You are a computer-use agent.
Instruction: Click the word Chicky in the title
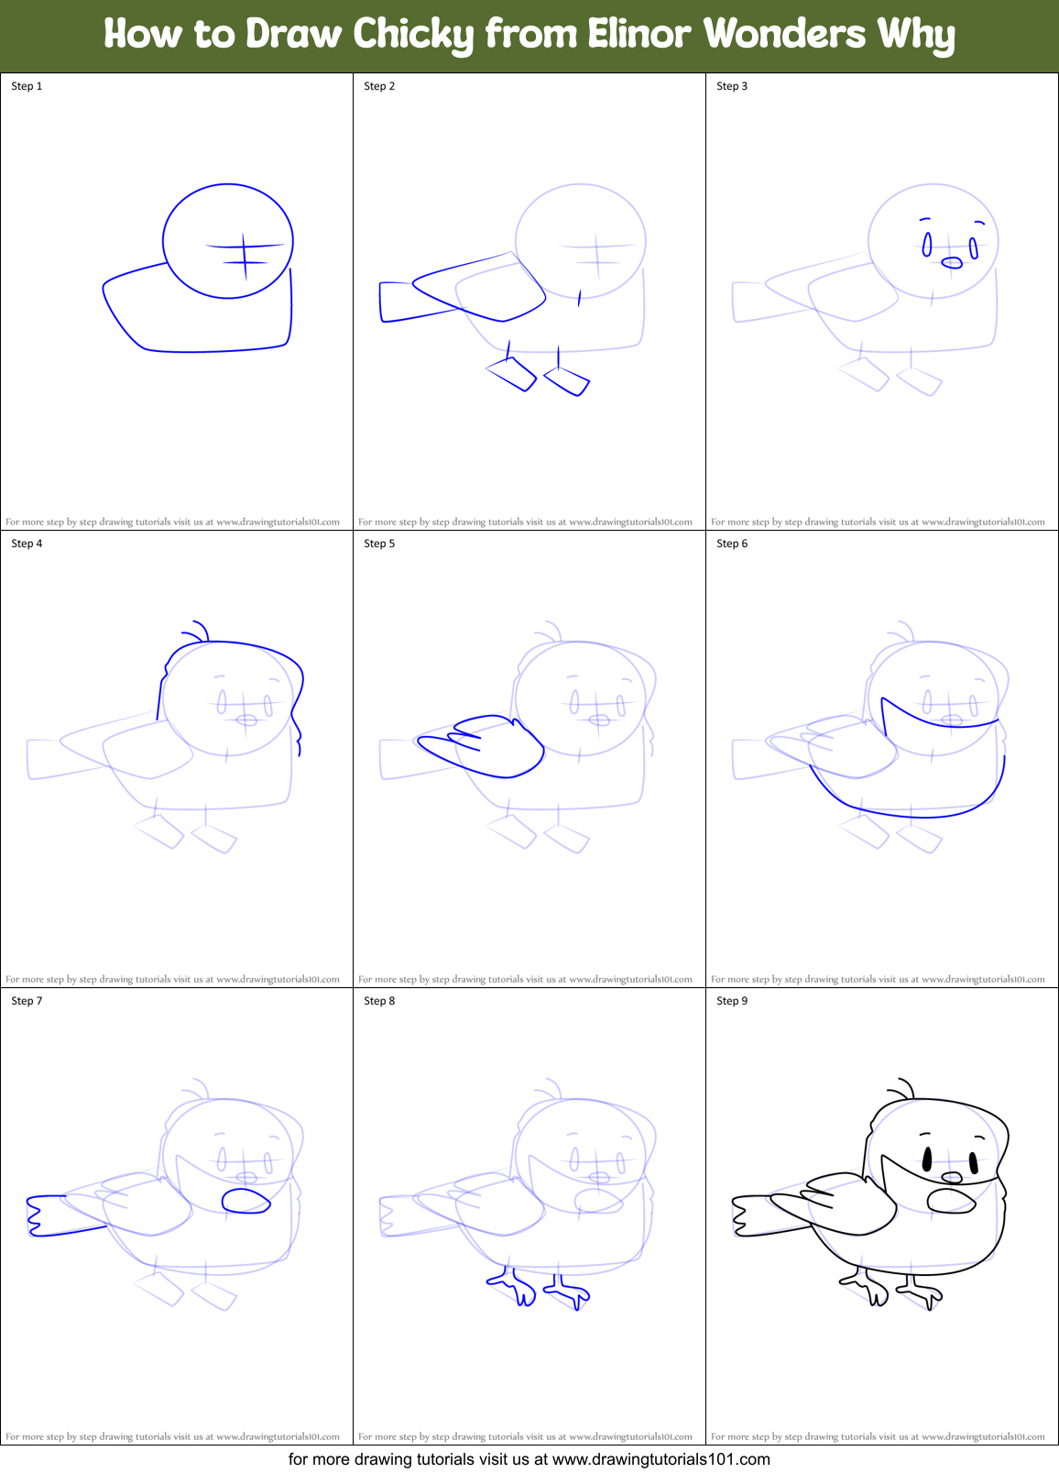tap(413, 35)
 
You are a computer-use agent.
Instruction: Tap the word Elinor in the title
tap(639, 34)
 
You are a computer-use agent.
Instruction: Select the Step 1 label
tap(27, 86)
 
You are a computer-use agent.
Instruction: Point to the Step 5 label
tap(379, 544)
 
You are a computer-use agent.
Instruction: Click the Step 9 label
tap(732, 1001)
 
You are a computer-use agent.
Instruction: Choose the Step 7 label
tap(27, 1001)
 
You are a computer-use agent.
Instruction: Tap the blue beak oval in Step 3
tap(953, 263)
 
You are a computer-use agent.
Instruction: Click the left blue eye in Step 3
tap(927, 245)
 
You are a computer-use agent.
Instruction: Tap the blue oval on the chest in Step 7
tap(246, 1201)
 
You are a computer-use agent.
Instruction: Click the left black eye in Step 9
tap(926, 1160)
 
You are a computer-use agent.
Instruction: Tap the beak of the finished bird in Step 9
tap(953, 1177)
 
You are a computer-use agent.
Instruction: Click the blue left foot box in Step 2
tap(511, 374)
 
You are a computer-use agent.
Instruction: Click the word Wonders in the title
tap(784, 34)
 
